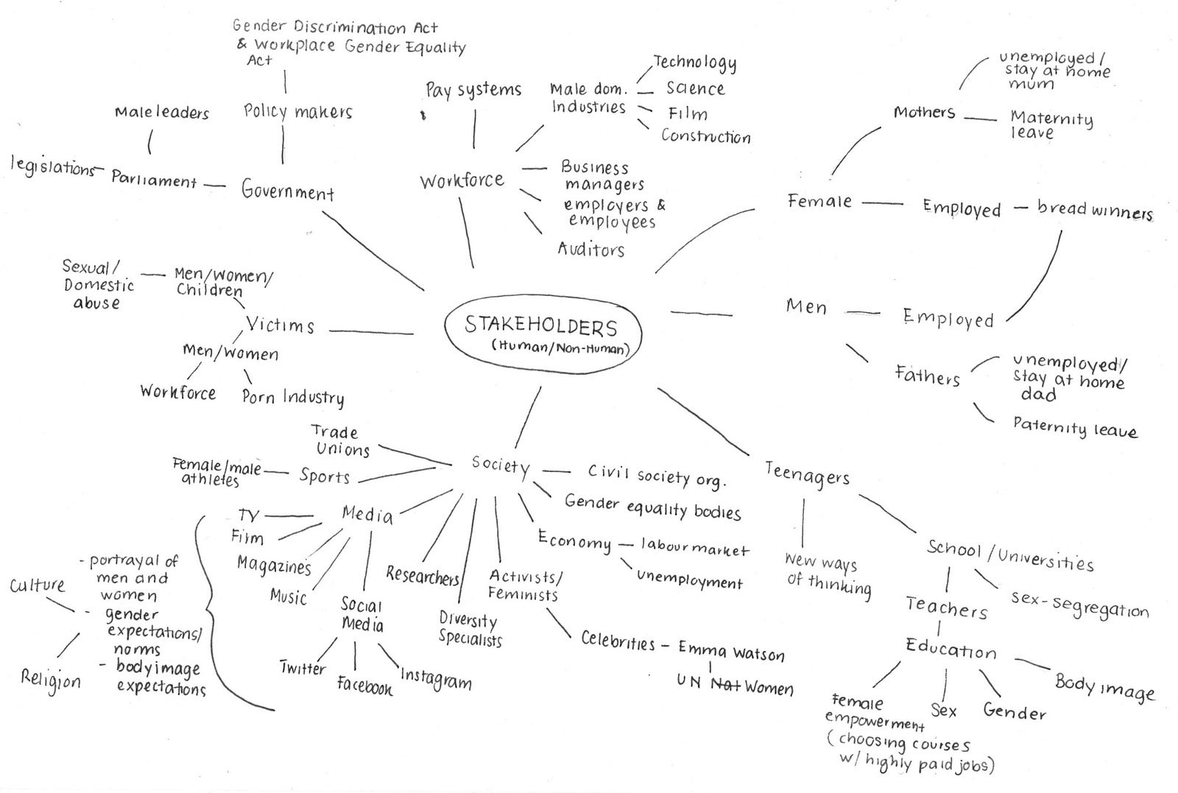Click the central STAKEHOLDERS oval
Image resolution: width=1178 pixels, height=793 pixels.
coord(543,296)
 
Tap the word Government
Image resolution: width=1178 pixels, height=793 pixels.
coord(288,190)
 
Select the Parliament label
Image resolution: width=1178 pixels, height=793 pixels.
coord(154,180)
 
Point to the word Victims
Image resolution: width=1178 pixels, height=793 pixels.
coord(280,325)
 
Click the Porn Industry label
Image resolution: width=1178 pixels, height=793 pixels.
coord(293,397)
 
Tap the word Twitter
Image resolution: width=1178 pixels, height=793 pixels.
coord(303,668)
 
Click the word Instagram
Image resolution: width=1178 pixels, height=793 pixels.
coord(436,680)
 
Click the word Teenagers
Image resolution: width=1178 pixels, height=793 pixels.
coord(807,475)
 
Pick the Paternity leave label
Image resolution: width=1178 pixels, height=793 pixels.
coord(1075,427)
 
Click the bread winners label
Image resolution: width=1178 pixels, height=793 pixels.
coord(1095,210)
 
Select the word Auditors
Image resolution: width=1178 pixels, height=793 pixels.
coord(590,249)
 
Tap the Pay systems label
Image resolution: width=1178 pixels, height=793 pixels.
coord(473,90)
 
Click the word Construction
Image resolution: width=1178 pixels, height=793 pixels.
coord(706,136)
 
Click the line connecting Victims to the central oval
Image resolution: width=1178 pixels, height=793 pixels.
coord(371,332)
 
